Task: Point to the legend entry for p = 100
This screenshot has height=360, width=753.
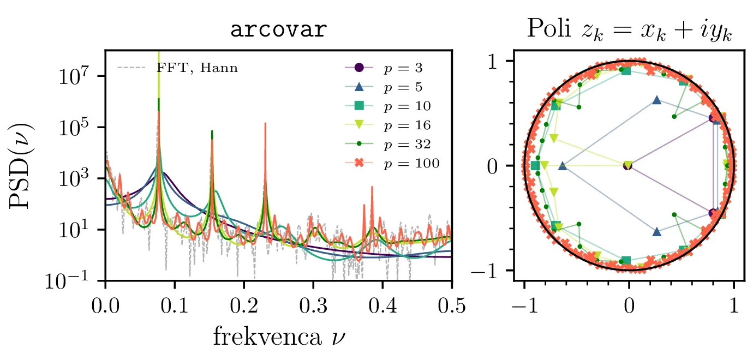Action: coord(396,163)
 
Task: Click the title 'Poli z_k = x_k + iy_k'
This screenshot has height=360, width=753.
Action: coord(629,31)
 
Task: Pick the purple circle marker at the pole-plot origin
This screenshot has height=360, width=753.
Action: coord(627,165)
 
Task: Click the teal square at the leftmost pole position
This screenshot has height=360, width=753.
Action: coord(535,165)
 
